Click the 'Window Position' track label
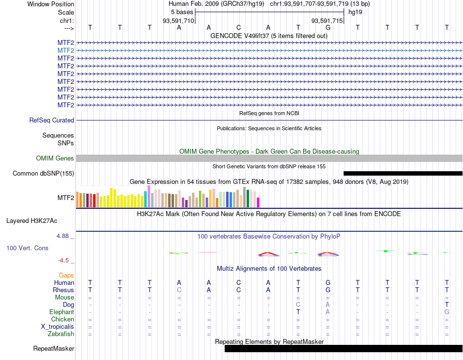click(51, 4)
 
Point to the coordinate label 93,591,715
click(327, 20)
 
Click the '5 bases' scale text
click(182, 12)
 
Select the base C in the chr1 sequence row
click(238, 27)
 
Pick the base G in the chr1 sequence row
click(328, 27)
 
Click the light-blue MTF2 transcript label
click(66, 51)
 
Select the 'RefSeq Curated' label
click(52, 120)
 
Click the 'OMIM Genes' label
click(55, 158)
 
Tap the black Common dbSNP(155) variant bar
click(403, 174)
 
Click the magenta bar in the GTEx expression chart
click(258, 202)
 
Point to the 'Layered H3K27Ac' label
click(32, 221)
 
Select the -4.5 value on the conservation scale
click(63, 260)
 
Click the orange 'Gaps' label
click(66, 276)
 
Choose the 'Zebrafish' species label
click(61, 334)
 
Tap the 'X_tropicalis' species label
click(58, 327)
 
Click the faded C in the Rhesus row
click(179, 290)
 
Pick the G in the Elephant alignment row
click(447, 312)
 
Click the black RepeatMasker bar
click(344, 349)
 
